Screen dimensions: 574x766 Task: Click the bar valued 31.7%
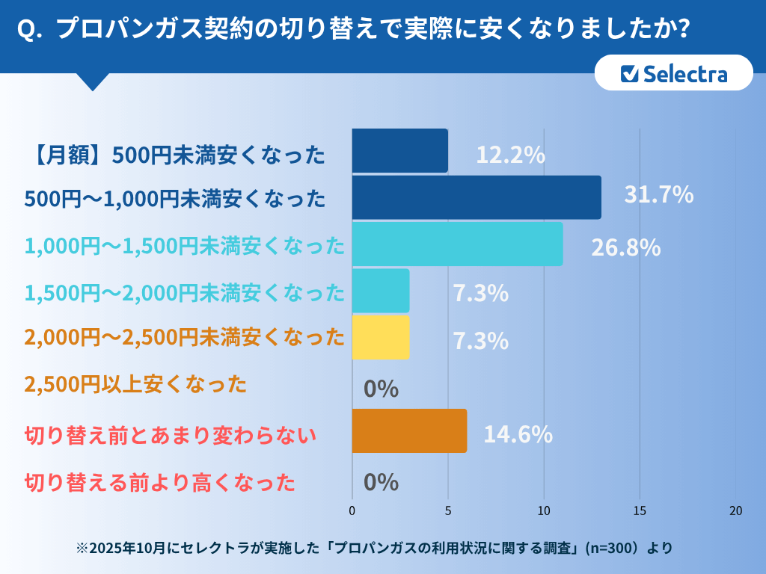[x=477, y=197]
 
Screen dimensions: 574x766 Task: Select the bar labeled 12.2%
[x=399, y=151]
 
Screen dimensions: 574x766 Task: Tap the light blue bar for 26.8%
[x=457, y=244]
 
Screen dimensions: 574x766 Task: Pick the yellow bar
[x=381, y=337]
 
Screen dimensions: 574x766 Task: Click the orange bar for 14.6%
[x=409, y=430]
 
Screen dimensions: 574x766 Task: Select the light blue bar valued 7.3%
[x=381, y=291]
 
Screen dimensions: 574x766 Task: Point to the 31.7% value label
[x=659, y=195]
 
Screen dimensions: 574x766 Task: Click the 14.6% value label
[x=518, y=434]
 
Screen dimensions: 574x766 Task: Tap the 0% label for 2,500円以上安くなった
[x=381, y=389]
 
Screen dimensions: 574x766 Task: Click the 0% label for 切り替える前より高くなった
[x=381, y=482]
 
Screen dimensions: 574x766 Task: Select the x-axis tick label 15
[x=640, y=511]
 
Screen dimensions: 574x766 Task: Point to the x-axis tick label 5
[x=448, y=511]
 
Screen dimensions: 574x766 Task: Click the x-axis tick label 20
[x=735, y=511]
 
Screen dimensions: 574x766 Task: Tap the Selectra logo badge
[x=673, y=73]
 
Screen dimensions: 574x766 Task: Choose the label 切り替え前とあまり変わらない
[x=171, y=435]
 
